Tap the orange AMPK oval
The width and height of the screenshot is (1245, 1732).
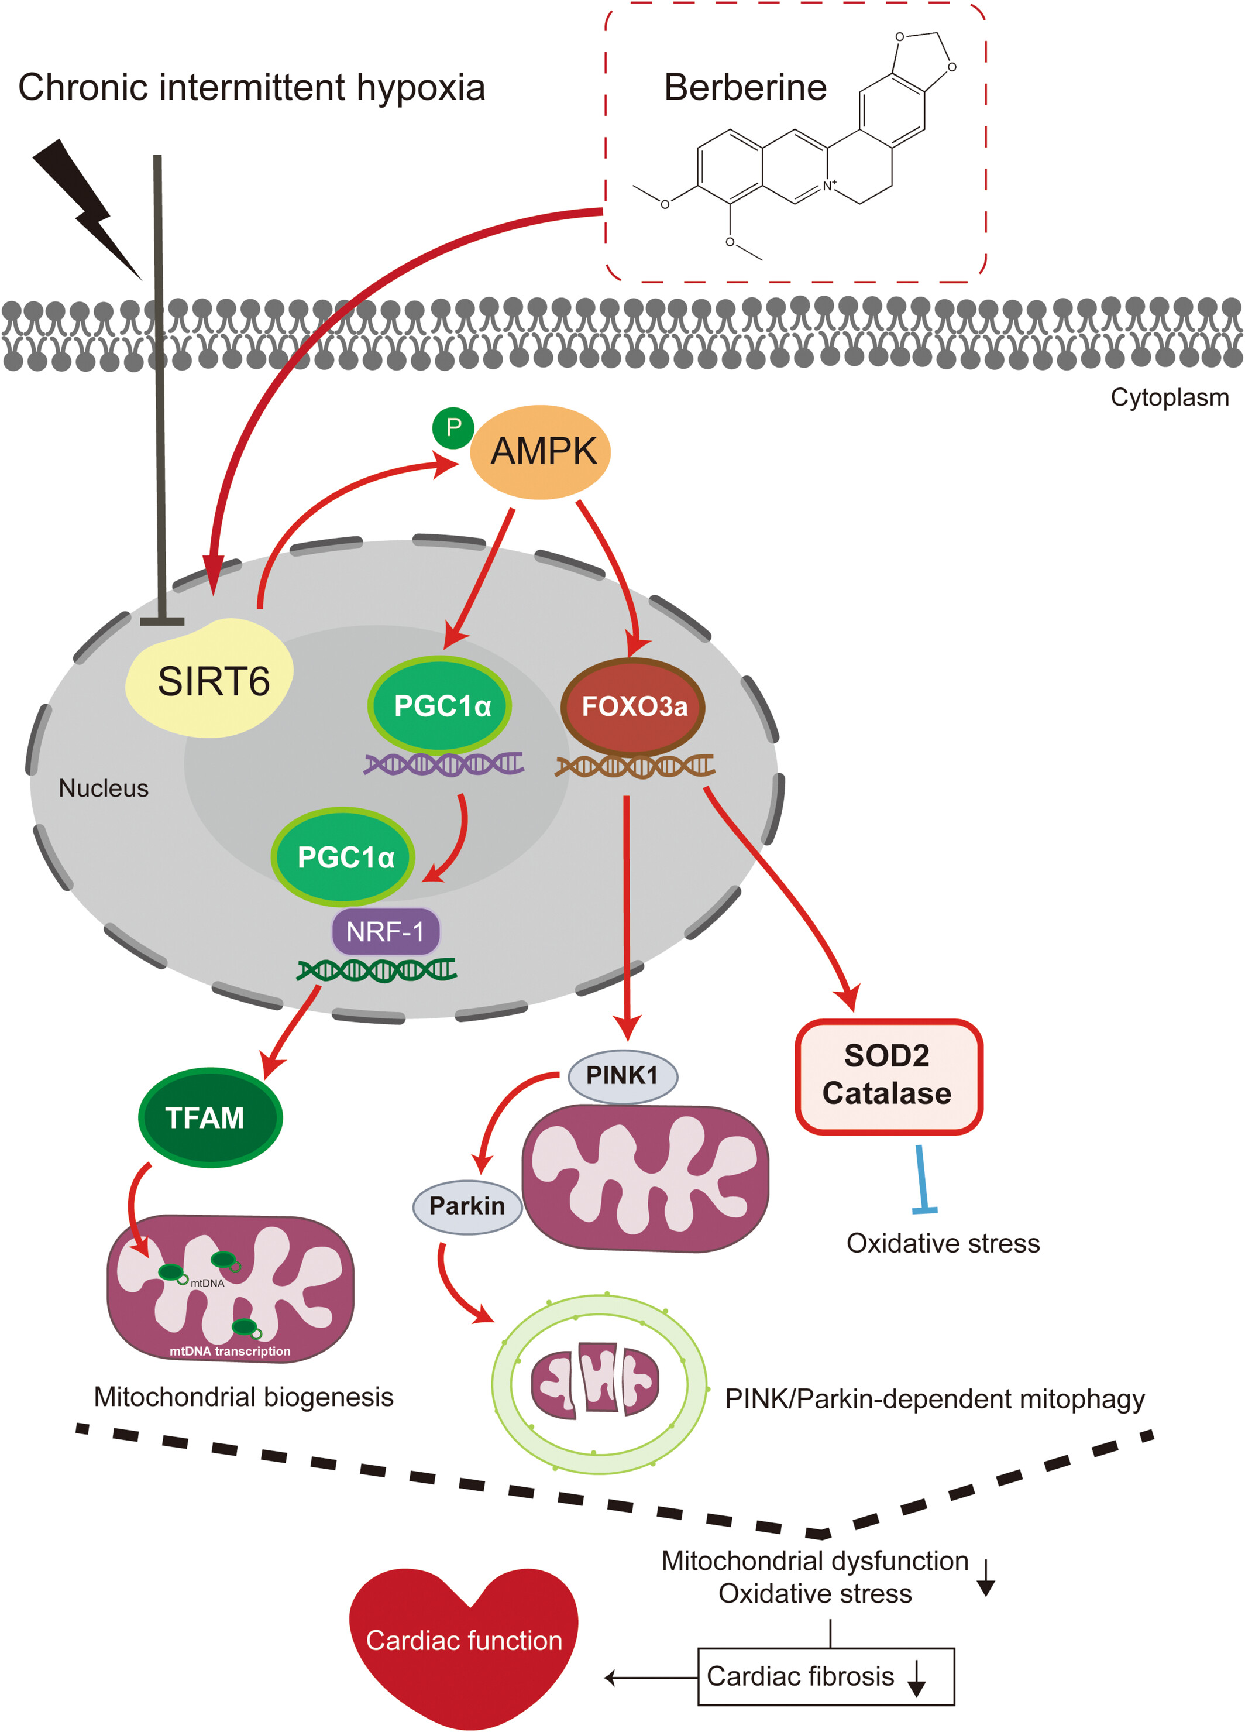539,451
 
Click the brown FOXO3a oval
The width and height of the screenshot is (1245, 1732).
633,706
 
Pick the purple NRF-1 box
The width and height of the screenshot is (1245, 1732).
386,931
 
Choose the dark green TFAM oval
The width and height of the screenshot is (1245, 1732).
210,1117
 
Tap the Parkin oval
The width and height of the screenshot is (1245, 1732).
467,1206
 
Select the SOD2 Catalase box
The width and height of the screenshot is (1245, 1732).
889,1076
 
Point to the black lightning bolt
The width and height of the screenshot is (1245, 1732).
87,208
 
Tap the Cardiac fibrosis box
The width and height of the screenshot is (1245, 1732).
826,1676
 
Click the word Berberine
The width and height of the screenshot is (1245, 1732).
745,87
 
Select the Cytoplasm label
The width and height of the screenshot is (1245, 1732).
1170,397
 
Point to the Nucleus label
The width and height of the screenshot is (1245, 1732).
104,788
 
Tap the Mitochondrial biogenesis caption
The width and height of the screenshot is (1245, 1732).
243,1397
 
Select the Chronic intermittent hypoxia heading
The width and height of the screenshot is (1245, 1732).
252,88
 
